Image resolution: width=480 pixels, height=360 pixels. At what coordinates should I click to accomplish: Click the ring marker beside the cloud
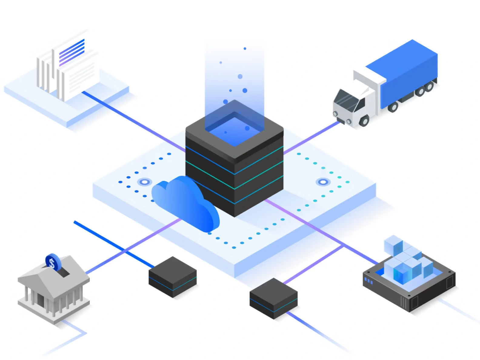[x=145, y=182]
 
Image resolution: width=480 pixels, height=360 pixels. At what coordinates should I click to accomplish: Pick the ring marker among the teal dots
[x=323, y=182]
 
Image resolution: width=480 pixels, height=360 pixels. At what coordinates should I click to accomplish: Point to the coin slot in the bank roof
[x=63, y=272]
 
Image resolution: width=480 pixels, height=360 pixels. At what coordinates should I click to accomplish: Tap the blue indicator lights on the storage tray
[x=368, y=280]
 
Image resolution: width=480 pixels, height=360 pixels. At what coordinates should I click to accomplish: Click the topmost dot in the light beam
[x=245, y=48]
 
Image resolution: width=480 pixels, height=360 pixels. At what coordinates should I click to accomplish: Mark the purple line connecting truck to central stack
[x=312, y=138]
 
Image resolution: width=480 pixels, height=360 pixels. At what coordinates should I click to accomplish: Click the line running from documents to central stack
[x=133, y=121]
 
